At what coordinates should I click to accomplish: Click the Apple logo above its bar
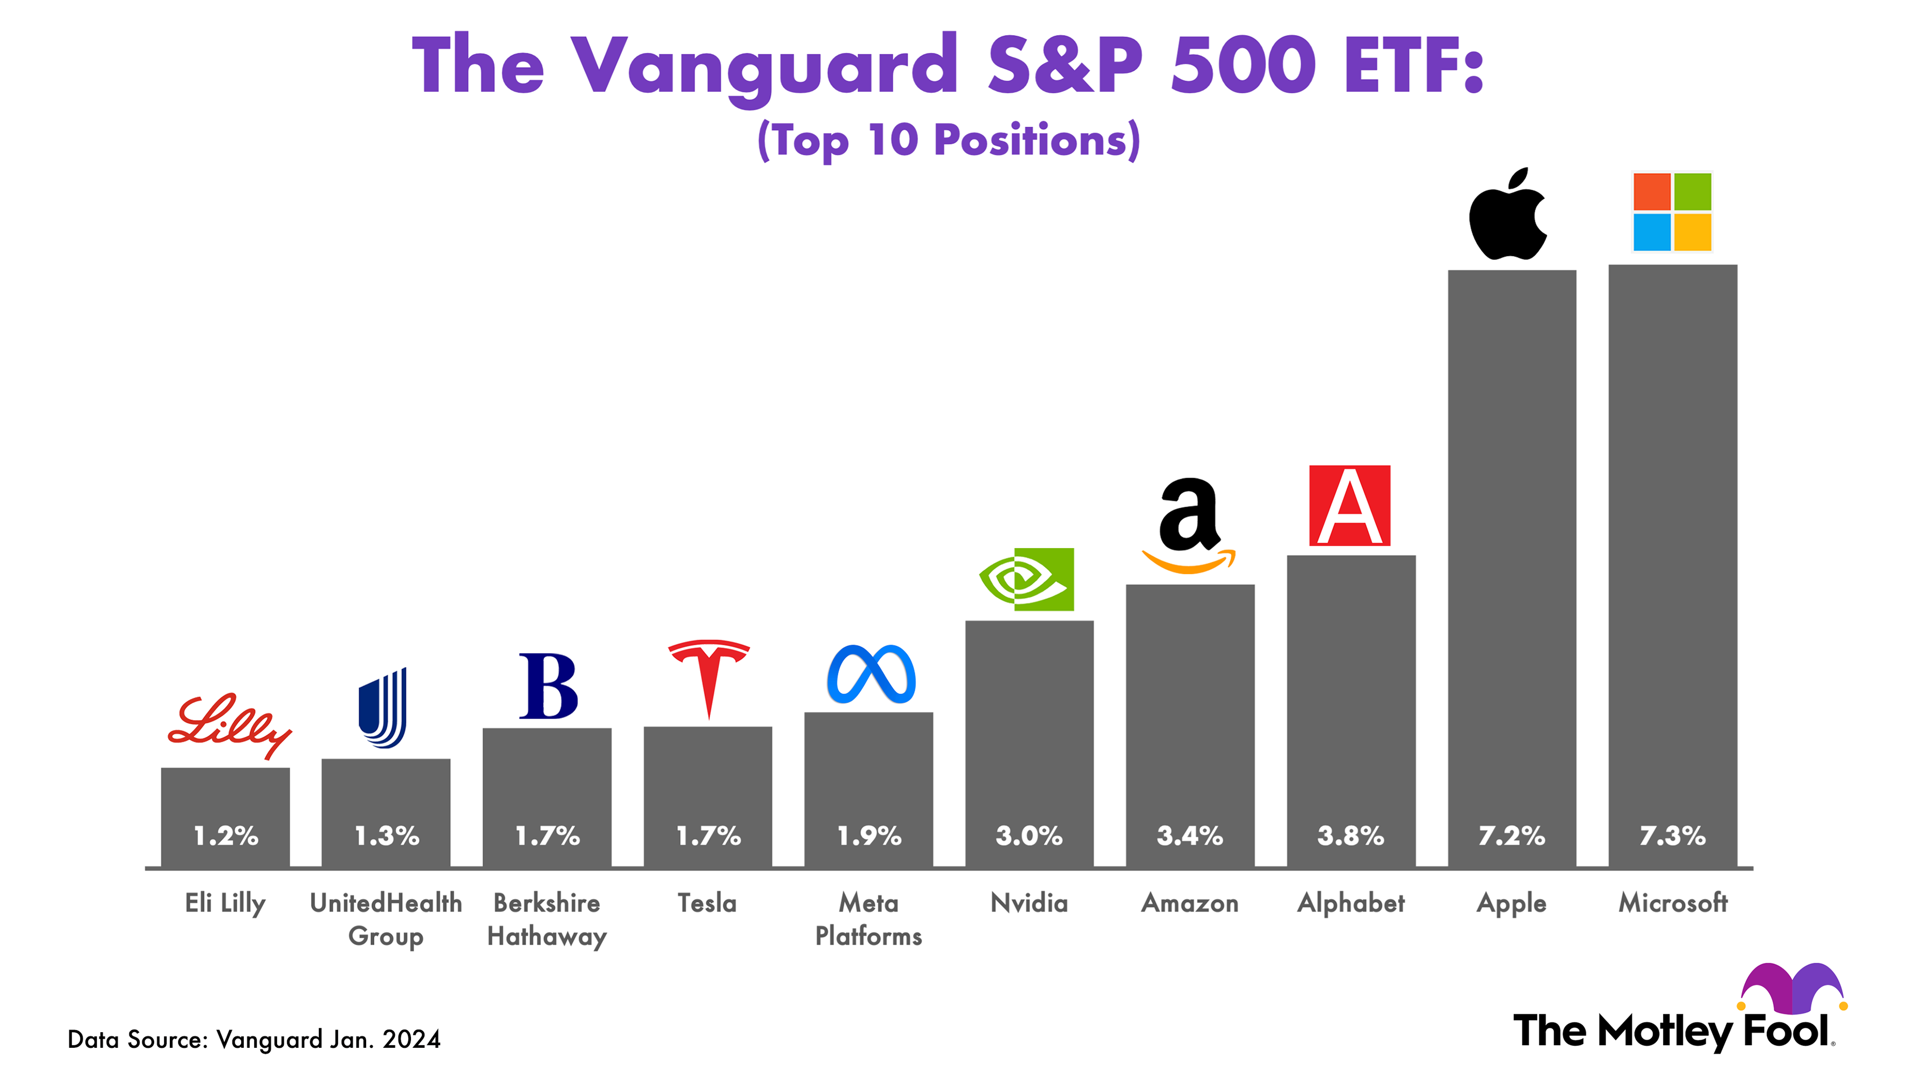click(1508, 216)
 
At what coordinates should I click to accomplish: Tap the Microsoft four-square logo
click(1672, 212)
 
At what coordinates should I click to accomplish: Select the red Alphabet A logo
click(1350, 506)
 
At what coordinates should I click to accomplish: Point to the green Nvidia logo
click(1027, 579)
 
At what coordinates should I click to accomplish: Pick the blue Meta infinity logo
click(871, 675)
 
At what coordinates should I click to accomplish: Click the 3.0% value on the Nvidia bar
click(1028, 835)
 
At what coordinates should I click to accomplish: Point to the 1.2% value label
click(225, 835)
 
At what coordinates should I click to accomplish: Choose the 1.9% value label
click(869, 835)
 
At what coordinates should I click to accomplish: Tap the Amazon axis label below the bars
click(1190, 903)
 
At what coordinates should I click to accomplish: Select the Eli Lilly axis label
click(225, 903)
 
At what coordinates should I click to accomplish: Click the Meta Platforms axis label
click(869, 919)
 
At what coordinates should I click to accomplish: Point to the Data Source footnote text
click(253, 1039)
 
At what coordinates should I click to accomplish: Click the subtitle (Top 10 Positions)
click(949, 140)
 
